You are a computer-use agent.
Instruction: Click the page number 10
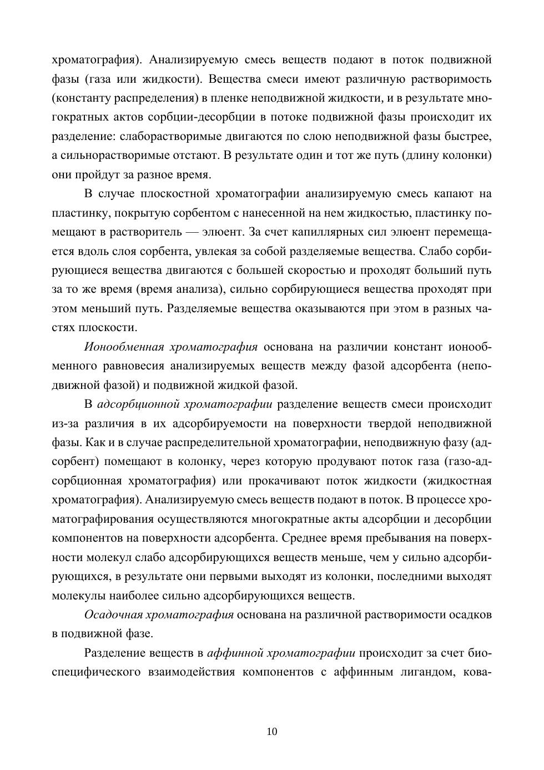(272, 731)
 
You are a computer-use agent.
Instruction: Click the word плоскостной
(175, 193)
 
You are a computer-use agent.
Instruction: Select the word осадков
(470, 614)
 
